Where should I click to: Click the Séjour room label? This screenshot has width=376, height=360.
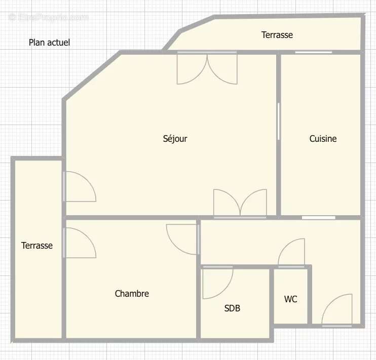tap(175, 139)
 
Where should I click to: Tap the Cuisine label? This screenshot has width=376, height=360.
tap(323, 139)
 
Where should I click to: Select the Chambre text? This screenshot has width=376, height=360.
tap(132, 294)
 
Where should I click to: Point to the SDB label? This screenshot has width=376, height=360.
tap(232, 308)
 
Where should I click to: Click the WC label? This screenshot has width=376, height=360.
tap(290, 299)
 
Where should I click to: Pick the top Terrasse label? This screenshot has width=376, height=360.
tap(277, 35)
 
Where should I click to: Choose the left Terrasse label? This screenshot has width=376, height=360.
tap(36, 246)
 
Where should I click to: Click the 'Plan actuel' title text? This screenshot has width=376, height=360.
tap(49, 43)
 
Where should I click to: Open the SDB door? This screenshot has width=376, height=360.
tap(216, 283)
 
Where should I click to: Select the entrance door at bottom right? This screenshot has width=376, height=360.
tap(337, 310)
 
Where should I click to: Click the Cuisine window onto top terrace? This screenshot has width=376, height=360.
tap(314, 52)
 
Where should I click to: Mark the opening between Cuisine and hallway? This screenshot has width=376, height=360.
tap(319, 218)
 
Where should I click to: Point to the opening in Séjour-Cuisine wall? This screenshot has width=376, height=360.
tap(279, 122)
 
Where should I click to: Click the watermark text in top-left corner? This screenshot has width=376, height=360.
tap(49, 17)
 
